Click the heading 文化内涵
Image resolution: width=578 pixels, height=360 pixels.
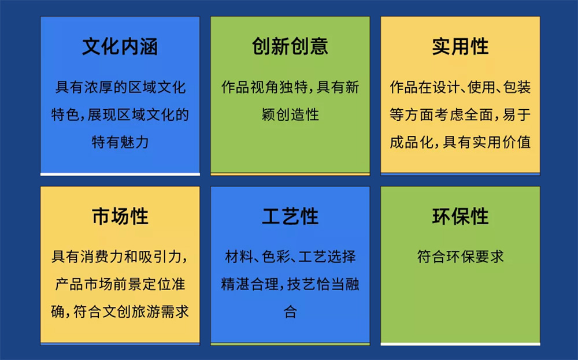[x=120, y=46]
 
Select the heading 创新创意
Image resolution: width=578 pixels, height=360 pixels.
[x=290, y=46]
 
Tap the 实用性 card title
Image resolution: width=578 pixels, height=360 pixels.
[x=461, y=46]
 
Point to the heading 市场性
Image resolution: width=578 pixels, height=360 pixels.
[x=120, y=216]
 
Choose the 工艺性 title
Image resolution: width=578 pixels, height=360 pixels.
[x=290, y=216]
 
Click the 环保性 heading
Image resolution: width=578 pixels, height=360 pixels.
[x=461, y=216]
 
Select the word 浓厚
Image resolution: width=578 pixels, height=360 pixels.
[x=98, y=87]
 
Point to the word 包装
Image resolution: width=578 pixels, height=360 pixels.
[x=517, y=87]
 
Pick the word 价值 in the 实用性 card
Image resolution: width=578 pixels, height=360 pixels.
[x=517, y=142]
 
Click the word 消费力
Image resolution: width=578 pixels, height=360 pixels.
[x=102, y=257]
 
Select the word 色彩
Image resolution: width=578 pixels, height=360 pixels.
[x=276, y=257]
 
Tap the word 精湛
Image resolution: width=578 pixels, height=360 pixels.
[x=236, y=284]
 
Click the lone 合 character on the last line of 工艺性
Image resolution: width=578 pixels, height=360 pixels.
[x=290, y=311]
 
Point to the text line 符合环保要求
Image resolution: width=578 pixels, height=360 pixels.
[x=461, y=257]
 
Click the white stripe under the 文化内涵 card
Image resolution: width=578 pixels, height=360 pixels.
[x=120, y=175]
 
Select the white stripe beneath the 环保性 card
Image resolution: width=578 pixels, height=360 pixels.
[x=461, y=344]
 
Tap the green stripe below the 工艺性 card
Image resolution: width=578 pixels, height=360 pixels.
[x=290, y=344]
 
